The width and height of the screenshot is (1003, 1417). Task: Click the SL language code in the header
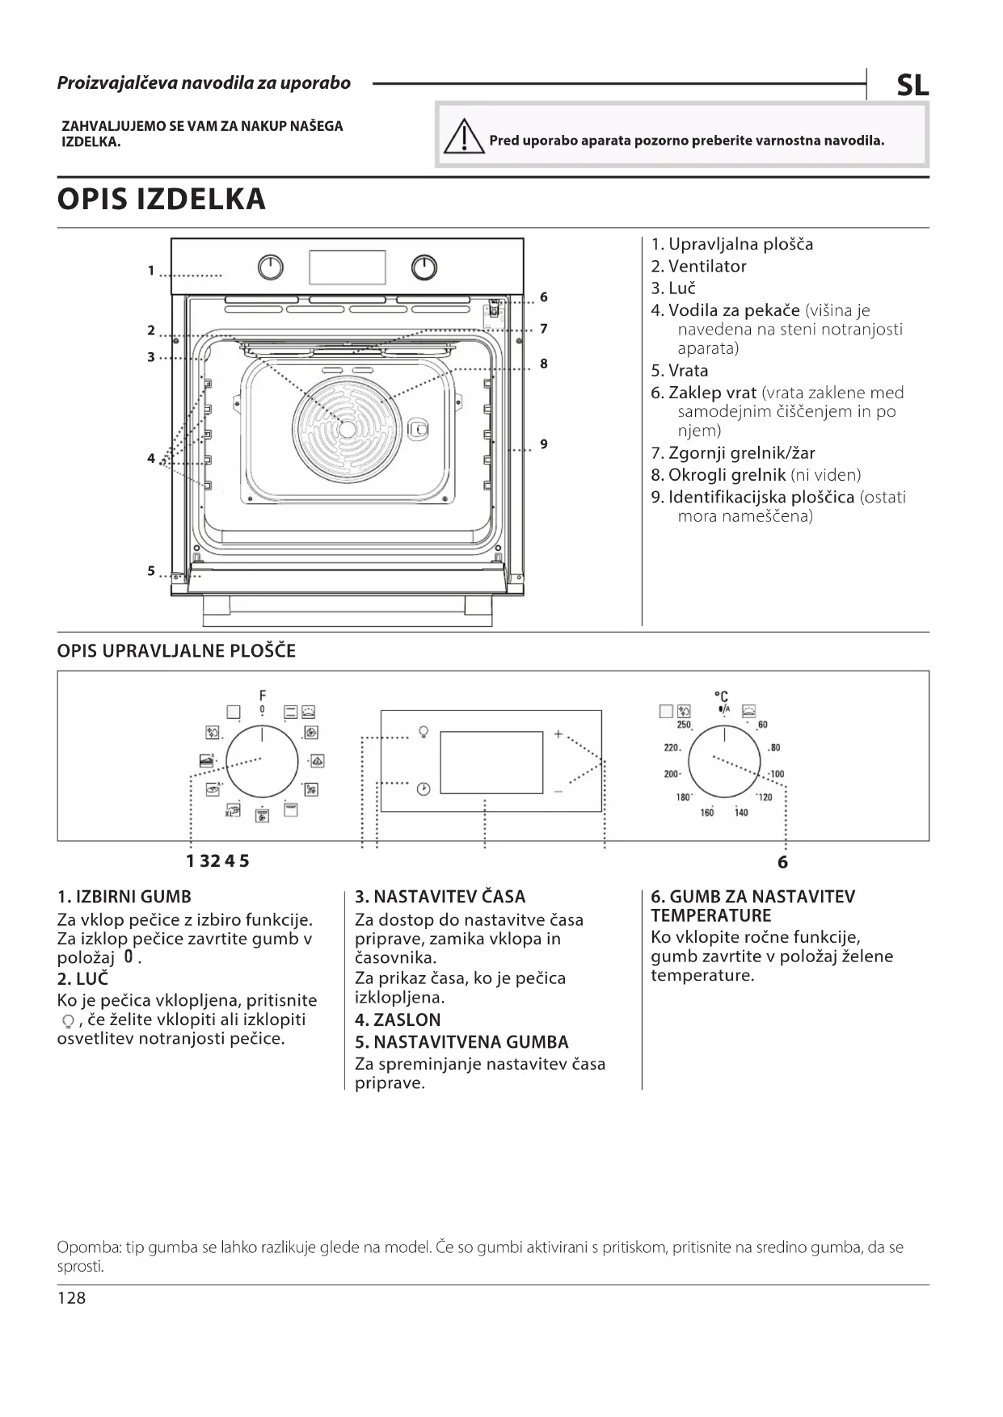point(912,86)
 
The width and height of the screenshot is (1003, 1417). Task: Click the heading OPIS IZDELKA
point(161,199)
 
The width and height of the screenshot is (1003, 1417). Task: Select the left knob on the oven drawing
point(271,267)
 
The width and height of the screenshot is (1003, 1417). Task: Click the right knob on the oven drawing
point(424,267)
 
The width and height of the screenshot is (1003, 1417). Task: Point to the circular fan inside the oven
point(347,429)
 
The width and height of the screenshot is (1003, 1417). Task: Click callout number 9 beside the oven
point(544,444)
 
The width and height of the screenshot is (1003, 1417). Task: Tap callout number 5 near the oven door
point(151,570)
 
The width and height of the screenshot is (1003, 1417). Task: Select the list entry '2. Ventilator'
point(698,266)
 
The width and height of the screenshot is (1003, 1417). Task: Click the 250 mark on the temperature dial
point(684,725)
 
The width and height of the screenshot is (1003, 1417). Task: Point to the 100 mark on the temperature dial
point(777,774)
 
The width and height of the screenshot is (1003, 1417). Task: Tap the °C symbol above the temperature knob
point(722,696)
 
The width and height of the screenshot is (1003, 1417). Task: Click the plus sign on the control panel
point(558,734)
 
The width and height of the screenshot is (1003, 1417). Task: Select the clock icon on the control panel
point(424,788)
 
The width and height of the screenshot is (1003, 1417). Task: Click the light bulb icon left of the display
point(423,733)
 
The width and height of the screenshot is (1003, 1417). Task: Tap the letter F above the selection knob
point(262,695)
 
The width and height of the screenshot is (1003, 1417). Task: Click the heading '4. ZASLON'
point(398,1020)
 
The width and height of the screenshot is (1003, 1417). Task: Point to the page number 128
point(71,1297)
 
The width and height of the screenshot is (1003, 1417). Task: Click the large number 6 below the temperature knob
point(782,862)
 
